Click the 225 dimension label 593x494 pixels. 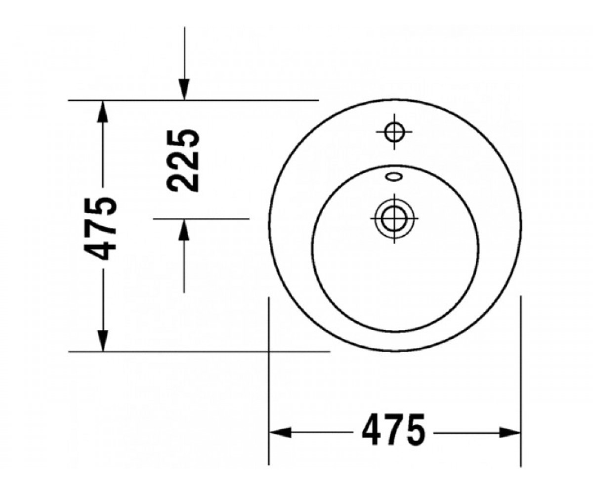pyautogui.click(x=183, y=161)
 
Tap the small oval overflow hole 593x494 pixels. pyautogui.click(x=394, y=176)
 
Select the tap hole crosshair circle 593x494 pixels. pyautogui.click(x=394, y=132)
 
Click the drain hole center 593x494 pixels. pyautogui.click(x=394, y=219)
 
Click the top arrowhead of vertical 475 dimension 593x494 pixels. pyautogui.click(x=103, y=111)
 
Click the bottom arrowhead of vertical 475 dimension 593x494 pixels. pyautogui.click(x=103, y=340)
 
